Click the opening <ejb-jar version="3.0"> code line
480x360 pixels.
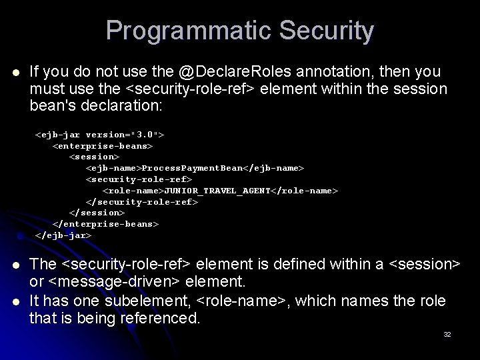point(100,135)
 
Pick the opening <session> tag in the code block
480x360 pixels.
point(95,157)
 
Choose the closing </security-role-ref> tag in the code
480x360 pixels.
point(142,201)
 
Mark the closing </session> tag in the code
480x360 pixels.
point(97,213)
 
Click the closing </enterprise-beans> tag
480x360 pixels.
point(105,224)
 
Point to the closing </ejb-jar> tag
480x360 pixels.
point(63,235)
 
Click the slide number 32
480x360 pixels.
point(447,334)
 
